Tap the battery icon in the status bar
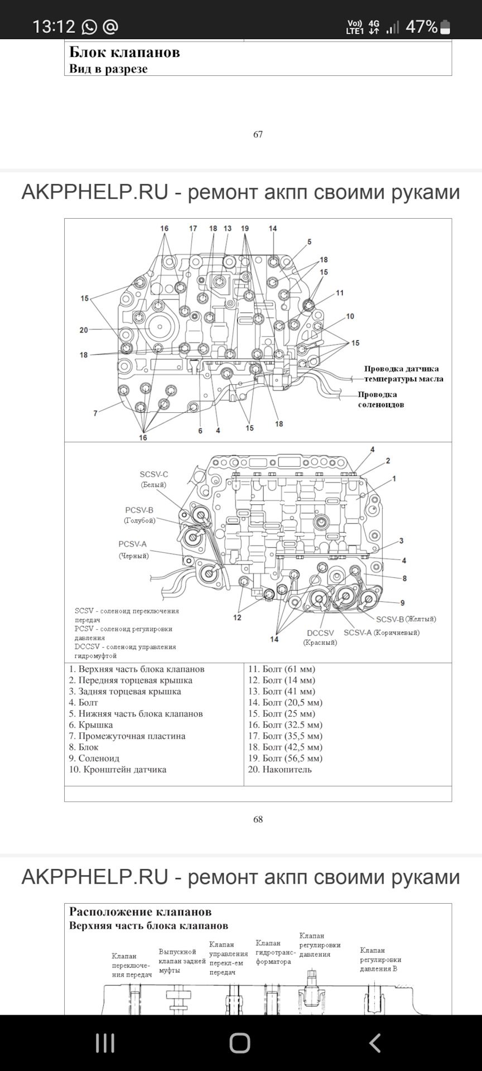pyautogui.click(x=445, y=27)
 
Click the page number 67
pyautogui.click(x=258, y=134)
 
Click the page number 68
pyautogui.click(x=258, y=819)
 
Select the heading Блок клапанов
pyautogui.click(x=124, y=52)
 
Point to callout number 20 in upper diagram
pyautogui.click(x=84, y=330)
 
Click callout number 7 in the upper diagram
pyautogui.click(x=95, y=413)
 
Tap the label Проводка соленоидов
pyautogui.click(x=381, y=399)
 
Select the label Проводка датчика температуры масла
pyautogui.click(x=403, y=374)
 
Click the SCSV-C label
pyautogui.click(x=154, y=475)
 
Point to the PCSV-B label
pyautogui.click(x=139, y=510)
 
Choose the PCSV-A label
pyautogui.click(x=133, y=544)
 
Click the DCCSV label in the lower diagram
pyautogui.click(x=320, y=633)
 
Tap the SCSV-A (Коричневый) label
pyautogui.click(x=382, y=633)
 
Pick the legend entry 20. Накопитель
pyautogui.click(x=280, y=770)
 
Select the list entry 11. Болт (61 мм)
pyautogui.click(x=282, y=669)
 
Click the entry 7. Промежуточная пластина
pyautogui.click(x=127, y=736)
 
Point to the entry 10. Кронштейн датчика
pyautogui.click(x=118, y=770)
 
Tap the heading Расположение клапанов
pyautogui.click(x=140, y=912)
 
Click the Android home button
pyautogui.click(x=240, y=1043)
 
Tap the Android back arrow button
pyautogui.click(x=375, y=1043)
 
